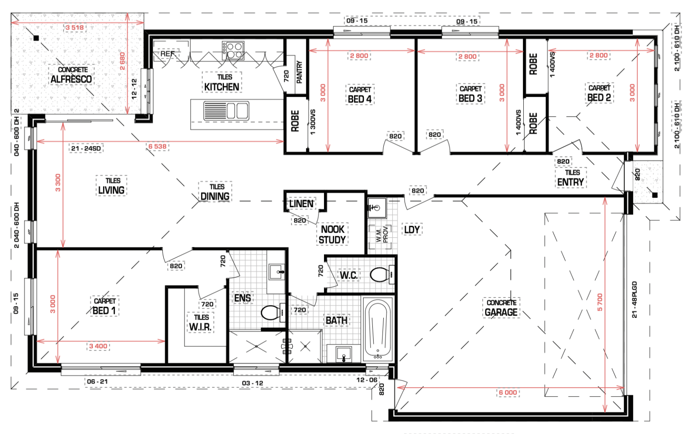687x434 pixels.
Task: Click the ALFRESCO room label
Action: (71, 79)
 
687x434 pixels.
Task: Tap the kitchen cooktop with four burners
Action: (233, 50)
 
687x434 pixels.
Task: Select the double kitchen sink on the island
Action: (226, 111)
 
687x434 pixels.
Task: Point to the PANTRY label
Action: (299, 72)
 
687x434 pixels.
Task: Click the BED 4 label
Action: (360, 99)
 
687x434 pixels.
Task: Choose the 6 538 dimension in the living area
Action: (157, 147)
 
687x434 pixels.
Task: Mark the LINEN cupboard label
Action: (302, 204)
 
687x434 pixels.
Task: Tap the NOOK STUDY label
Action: (332, 234)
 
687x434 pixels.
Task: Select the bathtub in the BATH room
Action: (377, 329)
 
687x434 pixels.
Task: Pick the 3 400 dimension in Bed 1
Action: (98, 346)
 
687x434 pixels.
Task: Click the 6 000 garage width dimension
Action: (508, 392)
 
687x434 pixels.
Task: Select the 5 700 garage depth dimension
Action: (600, 302)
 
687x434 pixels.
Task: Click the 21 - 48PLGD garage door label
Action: (634, 300)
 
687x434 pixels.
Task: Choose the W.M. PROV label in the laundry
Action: (382, 234)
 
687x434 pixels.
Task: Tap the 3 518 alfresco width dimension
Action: (75, 28)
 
